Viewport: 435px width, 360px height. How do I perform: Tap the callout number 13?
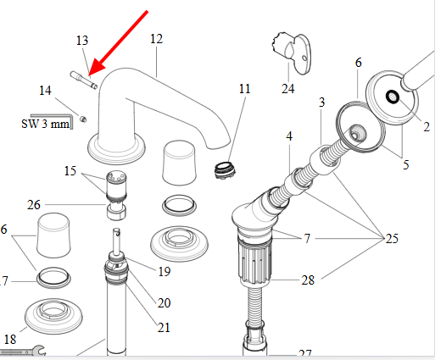pyautogui.click(x=82, y=41)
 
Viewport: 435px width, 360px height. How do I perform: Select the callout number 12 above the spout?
pyautogui.click(x=157, y=39)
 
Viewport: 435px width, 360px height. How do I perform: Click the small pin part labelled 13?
pyautogui.click(x=84, y=80)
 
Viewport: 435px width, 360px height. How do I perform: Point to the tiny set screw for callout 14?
pyautogui.click(x=83, y=119)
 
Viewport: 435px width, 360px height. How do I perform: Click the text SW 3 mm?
pyautogui.click(x=45, y=124)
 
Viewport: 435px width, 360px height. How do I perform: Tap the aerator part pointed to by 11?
pyautogui.click(x=225, y=170)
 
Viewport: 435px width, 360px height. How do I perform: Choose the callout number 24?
pyautogui.click(x=287, y=89)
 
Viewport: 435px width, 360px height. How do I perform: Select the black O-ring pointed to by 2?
pyautogui.click(x=393, y=97)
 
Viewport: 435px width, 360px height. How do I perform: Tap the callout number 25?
pyautogui.click(x=392, y=239)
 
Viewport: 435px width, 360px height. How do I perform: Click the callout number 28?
pyautogui.click(x=308, y=280)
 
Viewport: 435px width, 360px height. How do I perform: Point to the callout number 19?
pyautogui.click(x=165, y=272)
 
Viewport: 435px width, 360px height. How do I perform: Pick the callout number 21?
pyautogui.click(x=164, y=328)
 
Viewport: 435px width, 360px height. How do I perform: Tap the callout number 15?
pyautogui.click(x=70, y=171)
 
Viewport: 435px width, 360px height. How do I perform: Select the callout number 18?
pyautogui.click(x=10, y=340)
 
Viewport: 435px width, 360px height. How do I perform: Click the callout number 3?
pyautogui.click(x=321, y=102)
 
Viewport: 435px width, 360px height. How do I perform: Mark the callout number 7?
pyautogui.click(x=307, y=239)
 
